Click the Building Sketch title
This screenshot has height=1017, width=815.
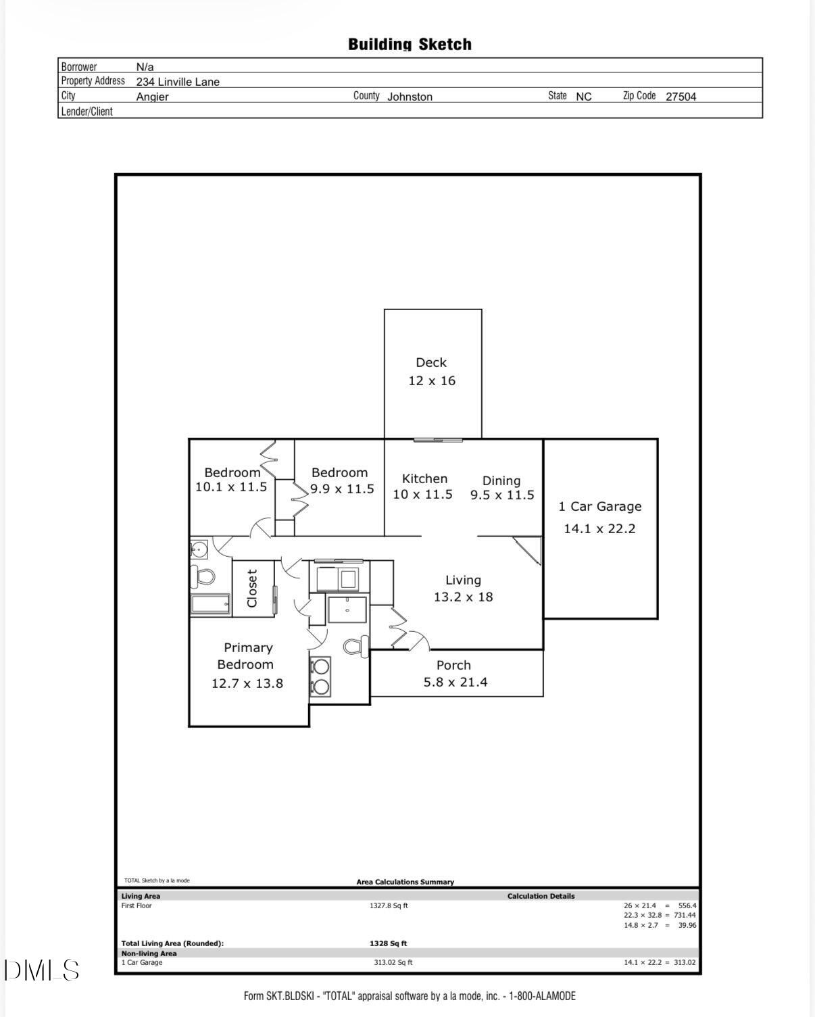410,45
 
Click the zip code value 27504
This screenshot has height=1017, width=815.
681,97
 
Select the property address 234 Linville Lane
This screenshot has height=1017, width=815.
178,82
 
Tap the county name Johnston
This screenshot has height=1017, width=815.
410,97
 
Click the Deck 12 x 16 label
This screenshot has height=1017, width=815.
431,372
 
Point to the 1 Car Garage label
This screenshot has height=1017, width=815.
599,507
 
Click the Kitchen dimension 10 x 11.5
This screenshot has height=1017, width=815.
422,495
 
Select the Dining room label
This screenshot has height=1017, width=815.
501,480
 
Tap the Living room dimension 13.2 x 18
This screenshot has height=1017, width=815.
463,597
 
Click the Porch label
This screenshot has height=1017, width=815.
453,666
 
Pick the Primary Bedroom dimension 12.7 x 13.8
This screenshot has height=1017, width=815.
247,683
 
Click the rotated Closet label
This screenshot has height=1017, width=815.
252,588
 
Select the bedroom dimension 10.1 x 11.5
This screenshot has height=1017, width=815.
231,487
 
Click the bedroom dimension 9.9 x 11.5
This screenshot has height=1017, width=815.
342,489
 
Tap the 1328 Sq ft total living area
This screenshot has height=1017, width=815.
389,943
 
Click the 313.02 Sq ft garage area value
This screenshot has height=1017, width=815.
393,962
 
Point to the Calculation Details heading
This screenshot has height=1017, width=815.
541,896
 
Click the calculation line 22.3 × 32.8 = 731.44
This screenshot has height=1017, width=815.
659,915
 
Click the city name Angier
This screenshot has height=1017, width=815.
153,97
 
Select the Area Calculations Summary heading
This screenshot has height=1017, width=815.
405,882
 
